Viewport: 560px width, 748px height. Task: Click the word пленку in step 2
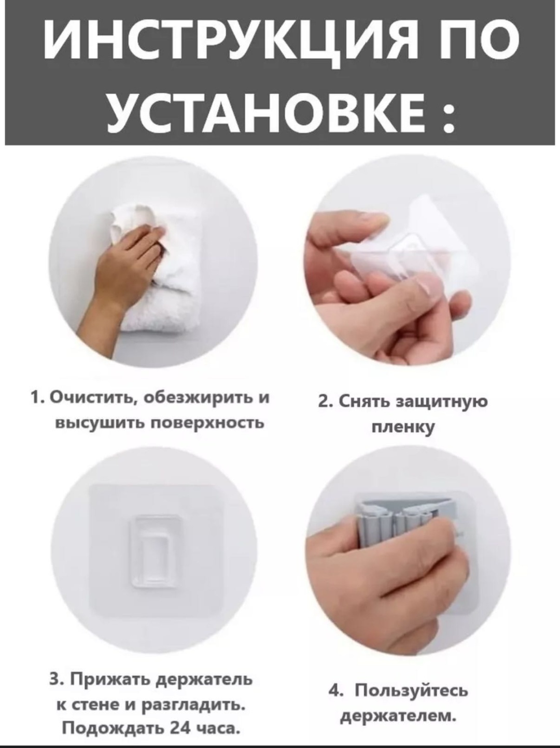pos(403,427)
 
